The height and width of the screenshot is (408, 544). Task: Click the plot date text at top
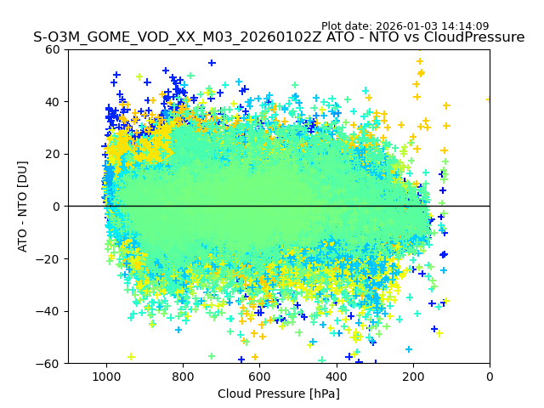(405, 26)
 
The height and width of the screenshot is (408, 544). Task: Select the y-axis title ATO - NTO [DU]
(23, 207)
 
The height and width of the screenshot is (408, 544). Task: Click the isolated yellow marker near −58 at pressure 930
(131, 357)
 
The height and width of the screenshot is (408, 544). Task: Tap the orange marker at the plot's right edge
(489, 99)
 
